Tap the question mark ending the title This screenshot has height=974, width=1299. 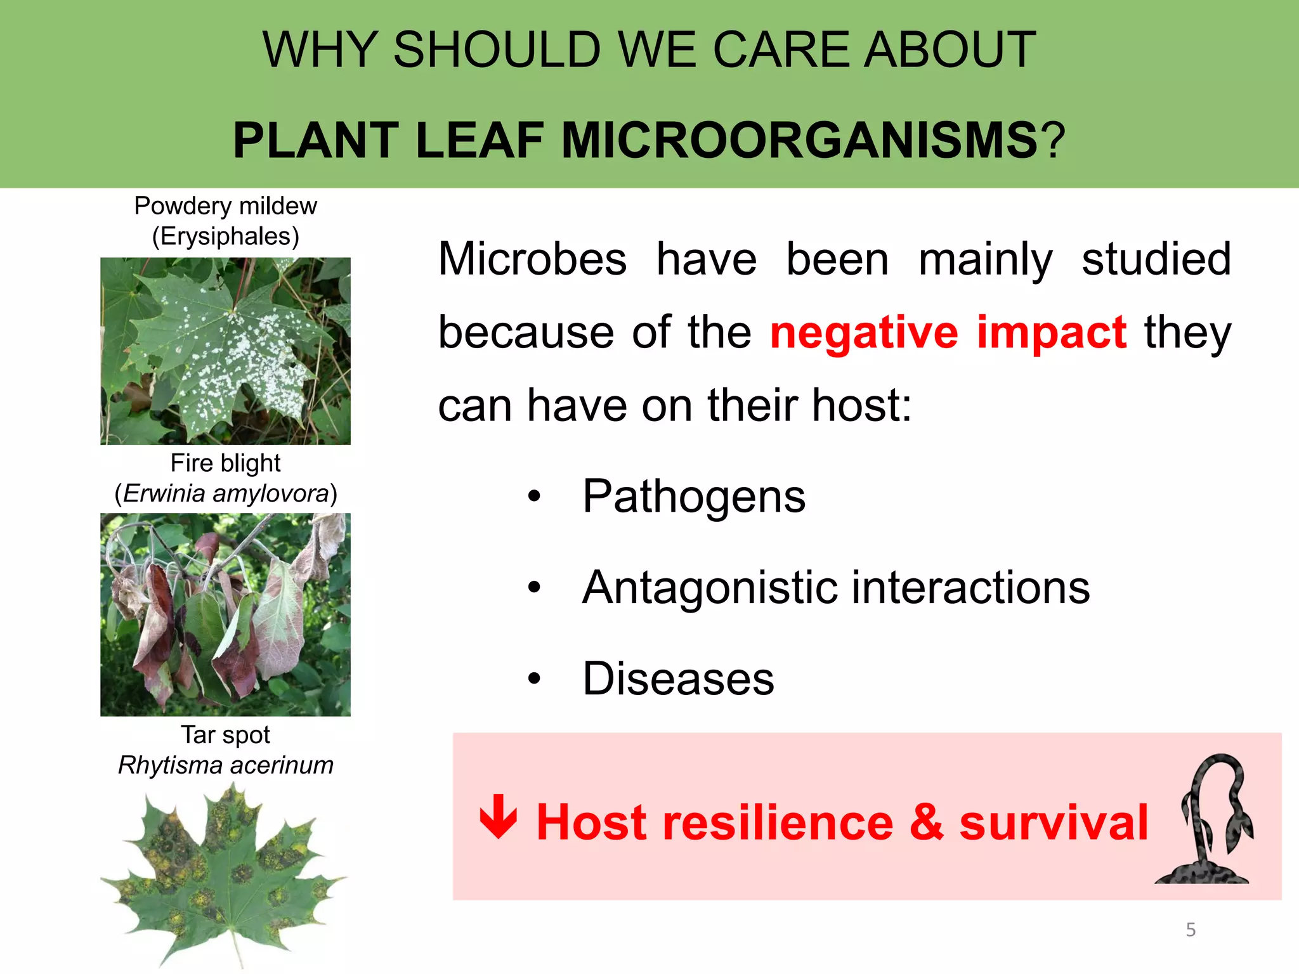1053,140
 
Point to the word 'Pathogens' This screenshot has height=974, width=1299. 694,497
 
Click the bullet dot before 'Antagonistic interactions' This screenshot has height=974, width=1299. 534,588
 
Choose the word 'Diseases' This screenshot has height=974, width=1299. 678,679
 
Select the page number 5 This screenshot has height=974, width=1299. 1191,930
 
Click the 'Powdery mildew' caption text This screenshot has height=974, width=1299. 225,206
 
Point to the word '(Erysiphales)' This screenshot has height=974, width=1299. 225,237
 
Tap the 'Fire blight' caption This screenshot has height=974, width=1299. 225,463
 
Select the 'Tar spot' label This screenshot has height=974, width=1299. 225,734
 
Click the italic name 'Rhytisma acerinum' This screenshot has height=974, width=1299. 225,765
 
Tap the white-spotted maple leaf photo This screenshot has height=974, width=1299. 225,351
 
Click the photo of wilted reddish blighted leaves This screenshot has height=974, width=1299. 225,614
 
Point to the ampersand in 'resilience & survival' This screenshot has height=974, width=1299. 926,822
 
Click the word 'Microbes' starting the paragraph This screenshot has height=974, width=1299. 532,259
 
